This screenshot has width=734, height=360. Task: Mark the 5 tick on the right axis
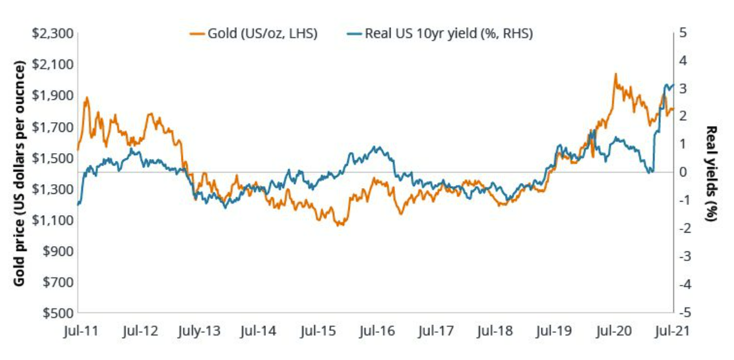coord(683,33)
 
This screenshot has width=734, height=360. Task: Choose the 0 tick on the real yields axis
coord(683,173)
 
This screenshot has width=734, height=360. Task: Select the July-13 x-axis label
coord(198,331)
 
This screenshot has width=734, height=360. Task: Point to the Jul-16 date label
coord(377,331)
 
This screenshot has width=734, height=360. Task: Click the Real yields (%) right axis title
coord(712,173)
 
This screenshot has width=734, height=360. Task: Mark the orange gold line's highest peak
coord(614,74)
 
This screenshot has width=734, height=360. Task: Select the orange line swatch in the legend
coord(196,34)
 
